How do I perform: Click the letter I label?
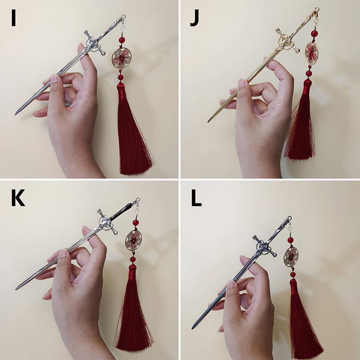coord(13,18)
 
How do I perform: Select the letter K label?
coord(18,198)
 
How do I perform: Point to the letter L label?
coord(196,198)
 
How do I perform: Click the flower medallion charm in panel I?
coord(121,58)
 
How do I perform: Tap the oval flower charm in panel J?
coord(311,52)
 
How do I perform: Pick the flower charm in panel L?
coord(291,256)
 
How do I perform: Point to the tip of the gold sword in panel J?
coord(209,121)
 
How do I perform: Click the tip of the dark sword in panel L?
coord(193,328)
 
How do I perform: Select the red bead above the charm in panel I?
coord(122,40)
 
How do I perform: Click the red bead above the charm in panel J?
coord(315,33)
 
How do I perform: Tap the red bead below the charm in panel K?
coord(133,260)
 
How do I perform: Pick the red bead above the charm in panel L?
coord(290,240)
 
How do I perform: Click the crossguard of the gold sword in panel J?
coord(288,40)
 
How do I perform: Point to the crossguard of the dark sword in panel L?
coord(265,246)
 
